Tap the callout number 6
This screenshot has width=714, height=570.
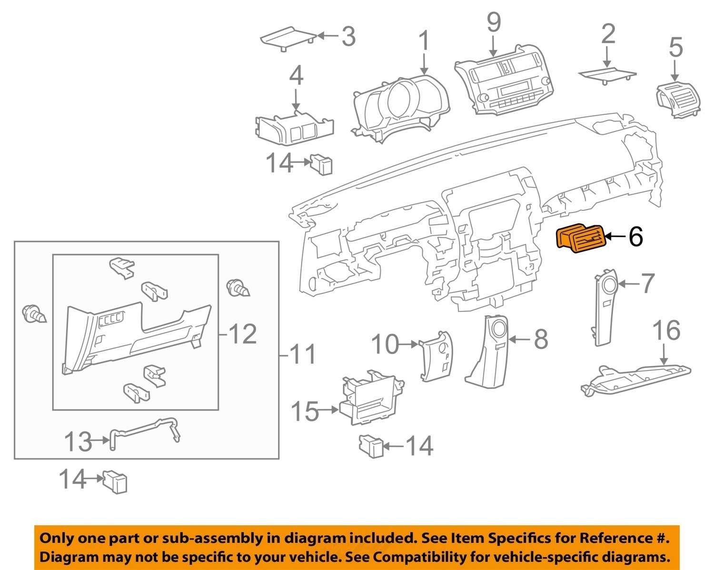pos(635,237)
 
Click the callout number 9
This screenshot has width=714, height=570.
pos(494,22)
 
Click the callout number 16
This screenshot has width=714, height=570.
pos(666,330)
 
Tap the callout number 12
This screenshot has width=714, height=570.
pos(243,334)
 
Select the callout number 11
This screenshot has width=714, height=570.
pos(303,354)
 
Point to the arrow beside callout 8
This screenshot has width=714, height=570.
pos(520,340)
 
